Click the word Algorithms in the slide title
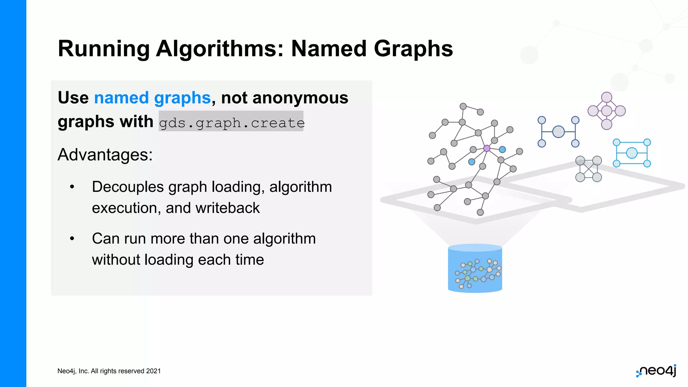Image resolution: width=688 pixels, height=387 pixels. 220,49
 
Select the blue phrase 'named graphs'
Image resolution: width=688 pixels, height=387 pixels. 152,98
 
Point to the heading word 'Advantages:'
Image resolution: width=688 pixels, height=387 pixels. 105,155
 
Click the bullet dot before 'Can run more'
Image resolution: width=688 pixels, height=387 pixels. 72,239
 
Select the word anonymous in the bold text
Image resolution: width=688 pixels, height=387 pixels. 300,98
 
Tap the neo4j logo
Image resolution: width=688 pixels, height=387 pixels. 656,371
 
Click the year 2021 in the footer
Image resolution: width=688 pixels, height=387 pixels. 153,371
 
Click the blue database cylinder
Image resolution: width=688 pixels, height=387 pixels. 475,268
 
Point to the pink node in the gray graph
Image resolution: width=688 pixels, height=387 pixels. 486,148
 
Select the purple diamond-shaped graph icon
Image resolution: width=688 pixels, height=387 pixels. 606,111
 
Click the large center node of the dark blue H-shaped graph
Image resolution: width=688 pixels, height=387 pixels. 558,132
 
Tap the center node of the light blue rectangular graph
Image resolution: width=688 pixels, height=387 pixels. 632,153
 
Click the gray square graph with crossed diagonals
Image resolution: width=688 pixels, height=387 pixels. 589,169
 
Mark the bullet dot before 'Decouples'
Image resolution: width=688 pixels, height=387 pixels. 72,187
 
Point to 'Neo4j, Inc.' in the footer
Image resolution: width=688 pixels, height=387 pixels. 73,371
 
